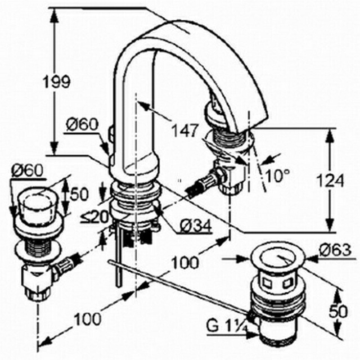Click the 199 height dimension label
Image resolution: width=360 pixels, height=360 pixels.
tap(57, 82)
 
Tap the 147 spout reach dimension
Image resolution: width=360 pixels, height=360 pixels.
tap(185, 130)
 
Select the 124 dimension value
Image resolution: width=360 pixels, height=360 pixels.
tap(330, 181)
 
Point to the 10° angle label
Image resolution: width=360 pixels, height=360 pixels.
tap(277, 175)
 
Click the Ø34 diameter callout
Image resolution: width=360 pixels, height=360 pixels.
tap(195, 226)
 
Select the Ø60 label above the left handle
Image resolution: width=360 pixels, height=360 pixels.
tap(28, 171)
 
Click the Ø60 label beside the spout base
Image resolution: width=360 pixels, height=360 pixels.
tap(82, 125)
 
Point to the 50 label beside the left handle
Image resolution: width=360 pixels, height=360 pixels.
tap(79, 194)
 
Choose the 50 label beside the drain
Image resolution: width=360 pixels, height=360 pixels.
tap(339, 312)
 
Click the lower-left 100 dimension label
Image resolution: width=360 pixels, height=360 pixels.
tap(88, 319)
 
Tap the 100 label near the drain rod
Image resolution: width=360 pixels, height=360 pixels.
tap(185, 263)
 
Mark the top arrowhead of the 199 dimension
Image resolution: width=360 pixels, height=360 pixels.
tap(54, 16)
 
